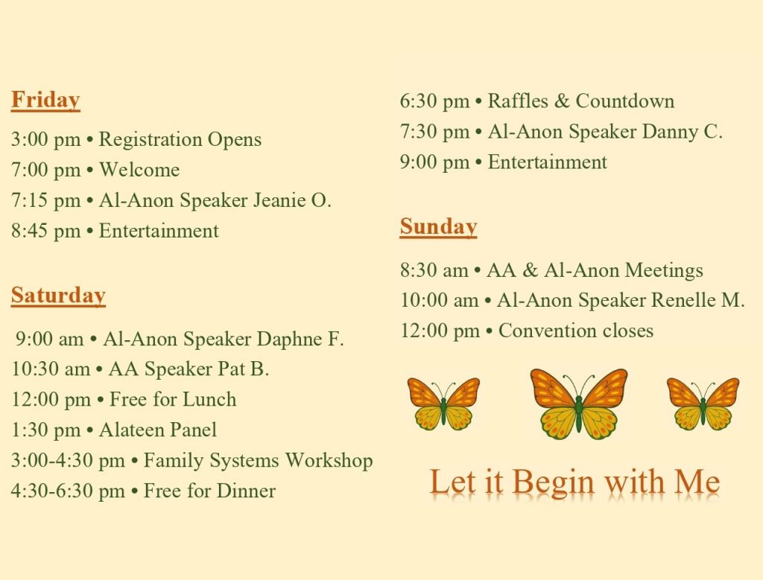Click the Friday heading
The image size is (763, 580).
point(45,101)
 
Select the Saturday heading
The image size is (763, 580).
point(58,295)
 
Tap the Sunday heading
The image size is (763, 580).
point(438,226)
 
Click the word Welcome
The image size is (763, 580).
point(139,170)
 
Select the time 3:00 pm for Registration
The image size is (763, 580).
point(45,139)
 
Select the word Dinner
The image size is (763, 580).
point(246,491)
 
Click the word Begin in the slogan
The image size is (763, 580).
point(554,483)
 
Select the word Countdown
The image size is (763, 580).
point(625,101)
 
